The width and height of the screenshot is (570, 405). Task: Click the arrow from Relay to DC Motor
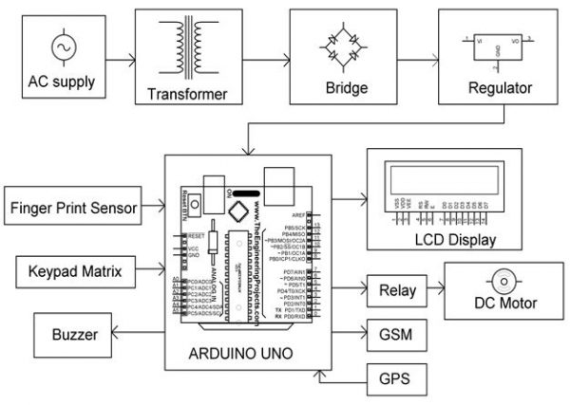(429, 290)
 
